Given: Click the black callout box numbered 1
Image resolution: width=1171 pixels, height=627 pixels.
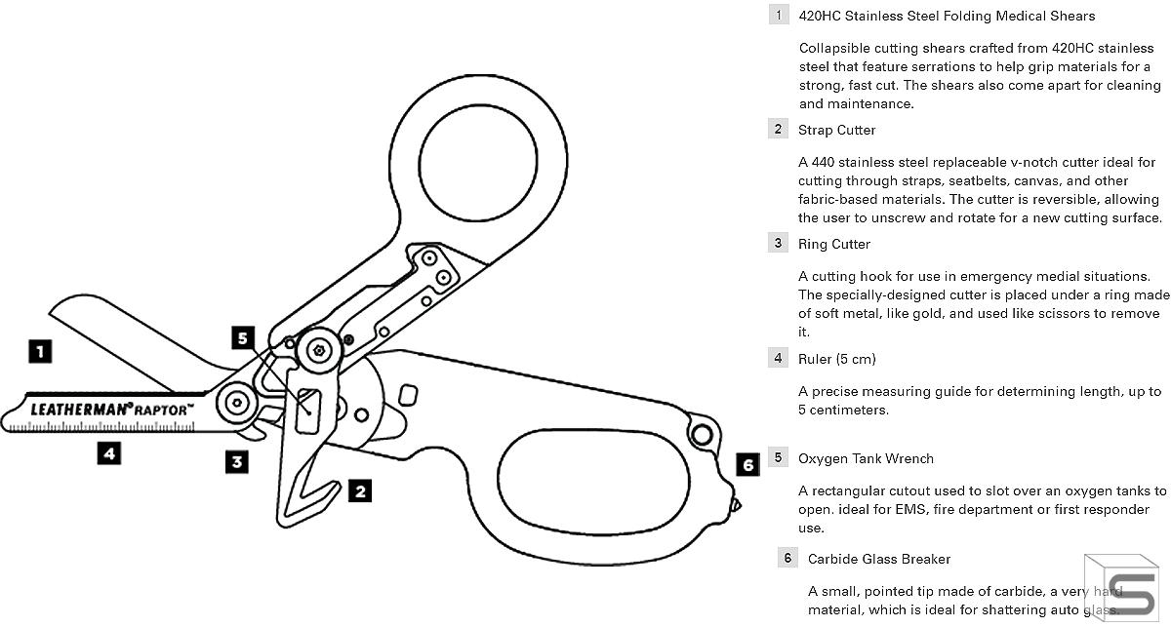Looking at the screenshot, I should click(39, 351).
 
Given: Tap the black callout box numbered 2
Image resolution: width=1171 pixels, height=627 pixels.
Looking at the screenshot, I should click(360, 491).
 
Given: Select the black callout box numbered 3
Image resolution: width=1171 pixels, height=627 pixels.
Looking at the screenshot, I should click(237, 461).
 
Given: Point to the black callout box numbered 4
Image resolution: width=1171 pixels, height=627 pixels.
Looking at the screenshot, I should click(109, 452).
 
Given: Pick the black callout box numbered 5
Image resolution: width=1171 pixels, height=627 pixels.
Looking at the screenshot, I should click(244, 338).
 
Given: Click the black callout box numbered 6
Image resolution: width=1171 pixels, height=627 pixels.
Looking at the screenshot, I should click(747, 465).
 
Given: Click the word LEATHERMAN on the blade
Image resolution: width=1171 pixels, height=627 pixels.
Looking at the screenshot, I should click(82, 410).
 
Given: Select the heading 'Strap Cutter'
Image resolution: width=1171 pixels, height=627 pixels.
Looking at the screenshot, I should click(836, 130).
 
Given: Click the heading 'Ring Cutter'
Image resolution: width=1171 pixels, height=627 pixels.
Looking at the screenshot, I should click(833, 244).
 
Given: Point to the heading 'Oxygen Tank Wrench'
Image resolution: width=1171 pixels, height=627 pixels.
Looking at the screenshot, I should click(866, 458).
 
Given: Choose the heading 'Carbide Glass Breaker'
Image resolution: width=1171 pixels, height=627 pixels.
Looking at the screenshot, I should click(878, 559).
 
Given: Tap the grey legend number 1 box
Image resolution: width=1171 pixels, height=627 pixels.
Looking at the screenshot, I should click(778, 16).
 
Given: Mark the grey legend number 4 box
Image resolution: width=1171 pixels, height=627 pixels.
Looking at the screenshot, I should click(778, 358).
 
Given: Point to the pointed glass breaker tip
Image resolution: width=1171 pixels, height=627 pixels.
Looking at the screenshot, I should click(739, 504).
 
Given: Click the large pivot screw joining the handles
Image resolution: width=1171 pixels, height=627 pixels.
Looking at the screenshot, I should click(319, 350).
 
